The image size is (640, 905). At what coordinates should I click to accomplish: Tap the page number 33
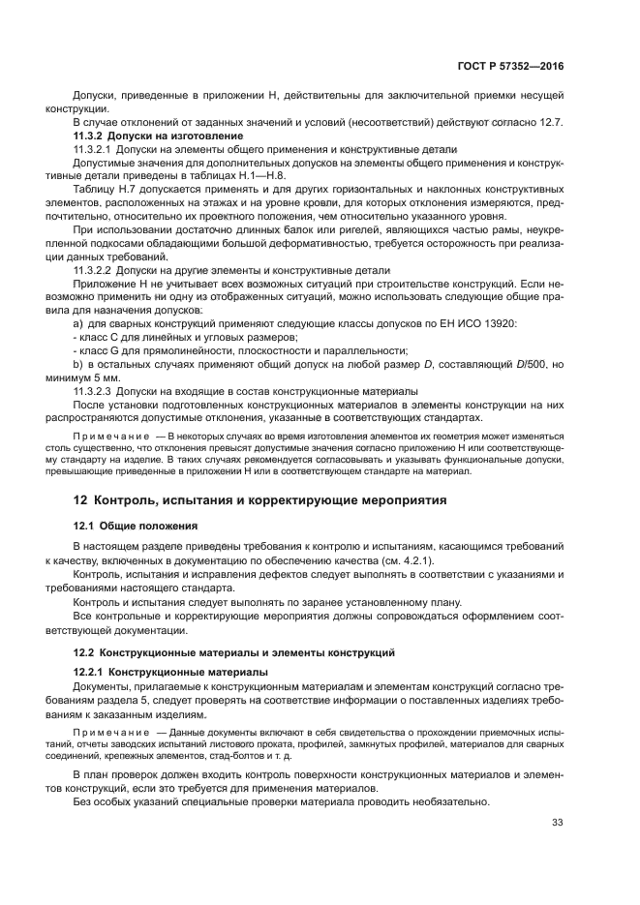(x=557, y=823)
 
